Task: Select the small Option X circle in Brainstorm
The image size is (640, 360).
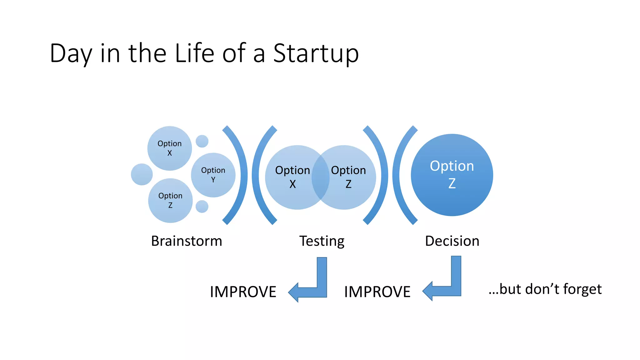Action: tap(169, 148)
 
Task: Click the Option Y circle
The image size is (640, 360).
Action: tap(213, 175)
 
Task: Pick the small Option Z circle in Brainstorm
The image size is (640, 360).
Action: tap(170, 200)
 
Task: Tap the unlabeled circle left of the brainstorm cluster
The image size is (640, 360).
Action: tap(142, 174)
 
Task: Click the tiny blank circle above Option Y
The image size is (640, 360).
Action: tap(202, 141)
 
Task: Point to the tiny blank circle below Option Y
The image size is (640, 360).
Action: tap(202, 207)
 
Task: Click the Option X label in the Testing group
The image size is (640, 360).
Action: tap(292, 177)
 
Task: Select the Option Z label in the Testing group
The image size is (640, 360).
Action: tap(348, 177)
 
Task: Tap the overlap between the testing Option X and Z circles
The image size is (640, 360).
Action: tap(321, 177)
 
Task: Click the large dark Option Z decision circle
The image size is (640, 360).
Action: tap(452, 175)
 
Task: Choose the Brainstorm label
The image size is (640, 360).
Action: tap(187, 241)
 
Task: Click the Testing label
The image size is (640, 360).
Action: tap(322, 241)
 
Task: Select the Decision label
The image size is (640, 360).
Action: tap(452, 241)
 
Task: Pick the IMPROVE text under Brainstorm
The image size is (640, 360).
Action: tap(243, 292)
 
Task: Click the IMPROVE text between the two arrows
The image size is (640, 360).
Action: tap(377, 292)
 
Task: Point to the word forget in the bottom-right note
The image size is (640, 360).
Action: tap(582, 289)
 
